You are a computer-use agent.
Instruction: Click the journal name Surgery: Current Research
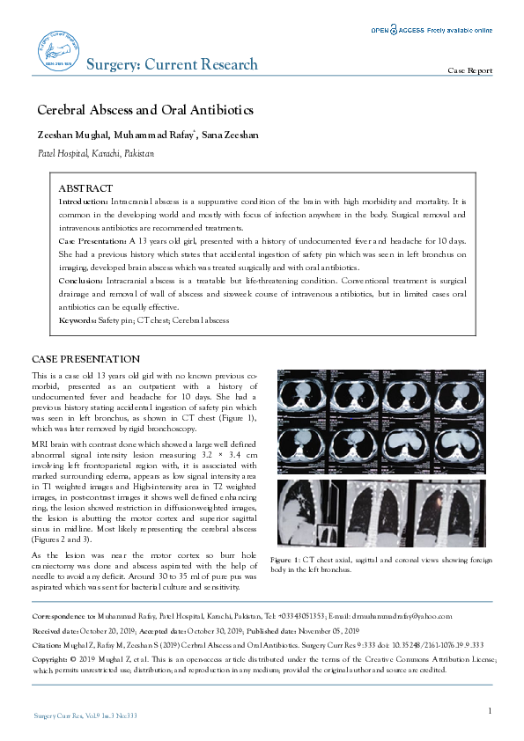pos(172,64)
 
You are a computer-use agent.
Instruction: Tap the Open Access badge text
pos(431,30)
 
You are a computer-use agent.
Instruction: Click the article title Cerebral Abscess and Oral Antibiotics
pos(144,110)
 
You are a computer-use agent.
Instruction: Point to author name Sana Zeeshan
pos(231,135)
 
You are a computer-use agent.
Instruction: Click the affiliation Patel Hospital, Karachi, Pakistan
pos(95,153)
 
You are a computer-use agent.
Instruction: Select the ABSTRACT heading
pos(85,188)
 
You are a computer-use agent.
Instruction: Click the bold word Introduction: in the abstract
pos(84,202)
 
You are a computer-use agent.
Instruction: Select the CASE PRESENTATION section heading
pos(85,360)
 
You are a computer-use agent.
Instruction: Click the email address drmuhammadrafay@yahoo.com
pos(397,618)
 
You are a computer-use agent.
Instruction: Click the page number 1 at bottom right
pos(489,709)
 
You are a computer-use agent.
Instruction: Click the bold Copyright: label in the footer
pos(49,657)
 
